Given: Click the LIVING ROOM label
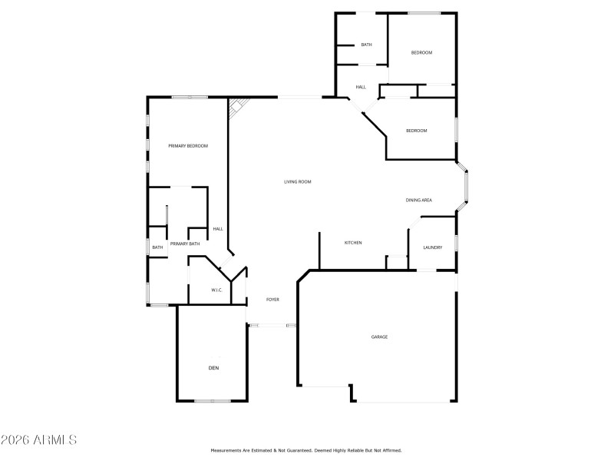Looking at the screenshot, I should (298, 181).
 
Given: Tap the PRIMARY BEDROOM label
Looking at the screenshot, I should (188, 146).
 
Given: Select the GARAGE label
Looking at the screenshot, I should (379, 337).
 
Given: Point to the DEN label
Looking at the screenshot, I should (213, 369).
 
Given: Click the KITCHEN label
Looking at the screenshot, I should (353, 243).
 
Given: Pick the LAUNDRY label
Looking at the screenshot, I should (432, 247).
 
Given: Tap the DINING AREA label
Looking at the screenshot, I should (419, 201).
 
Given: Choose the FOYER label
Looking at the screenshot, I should (272, 299).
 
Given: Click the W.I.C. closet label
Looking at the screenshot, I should (217, 290).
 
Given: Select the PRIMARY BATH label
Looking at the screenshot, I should (185, 244).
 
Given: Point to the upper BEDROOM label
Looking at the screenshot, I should (421, 52).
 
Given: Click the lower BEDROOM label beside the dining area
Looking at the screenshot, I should (416, 131).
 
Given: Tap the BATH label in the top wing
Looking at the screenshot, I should (366, 45).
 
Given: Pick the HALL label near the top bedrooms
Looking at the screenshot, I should (360, 87).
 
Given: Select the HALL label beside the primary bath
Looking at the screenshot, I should (218, 229).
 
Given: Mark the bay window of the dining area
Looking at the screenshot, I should (464, 184).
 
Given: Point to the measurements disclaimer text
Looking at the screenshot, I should (305, 450).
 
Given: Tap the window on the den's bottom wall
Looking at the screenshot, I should (213, 401).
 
